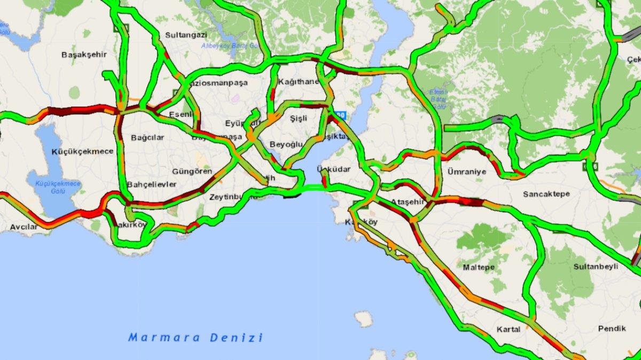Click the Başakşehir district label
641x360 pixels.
coord(84,54)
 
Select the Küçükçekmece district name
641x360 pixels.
coord(82,151)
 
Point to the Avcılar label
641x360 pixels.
coord(24,227)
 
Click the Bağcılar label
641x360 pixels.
coord(147,137)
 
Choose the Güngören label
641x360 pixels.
coord(192,171)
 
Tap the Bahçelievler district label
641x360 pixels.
coord(152,184)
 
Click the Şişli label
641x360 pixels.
coord(299,118)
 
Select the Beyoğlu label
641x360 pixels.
coord(286,145)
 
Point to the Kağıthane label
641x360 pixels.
coord(298,82)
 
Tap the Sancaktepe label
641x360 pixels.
coord(546,193)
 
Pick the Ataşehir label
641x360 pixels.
coord(407,201)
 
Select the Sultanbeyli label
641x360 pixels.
coord(596,265)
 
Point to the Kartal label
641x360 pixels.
coord(508,329)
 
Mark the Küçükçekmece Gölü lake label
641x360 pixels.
coord(57,187)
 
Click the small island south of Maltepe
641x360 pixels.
coord(364,319)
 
